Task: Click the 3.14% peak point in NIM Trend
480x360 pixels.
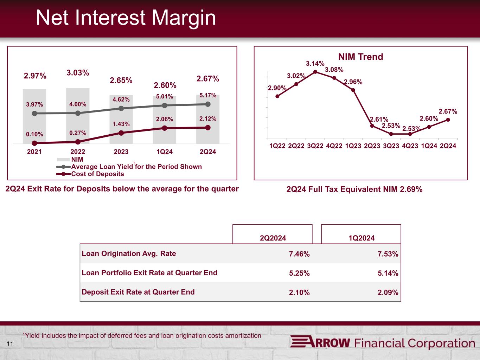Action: (315, 72)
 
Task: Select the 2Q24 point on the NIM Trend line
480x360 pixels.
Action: (448, 120)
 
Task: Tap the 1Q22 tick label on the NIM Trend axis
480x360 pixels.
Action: (277, 146)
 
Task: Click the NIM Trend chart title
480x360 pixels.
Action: (360, 57)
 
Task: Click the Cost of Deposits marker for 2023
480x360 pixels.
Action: (121, 133)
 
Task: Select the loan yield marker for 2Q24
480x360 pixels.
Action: (208, 104)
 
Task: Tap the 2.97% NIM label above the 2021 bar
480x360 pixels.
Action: (35, 76)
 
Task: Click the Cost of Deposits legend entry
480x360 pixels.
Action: (97, 174)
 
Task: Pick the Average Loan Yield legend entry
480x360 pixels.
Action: (136, 167)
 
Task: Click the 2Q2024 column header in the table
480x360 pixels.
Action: (273, 238)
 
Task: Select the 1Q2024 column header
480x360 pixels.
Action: (361, 238)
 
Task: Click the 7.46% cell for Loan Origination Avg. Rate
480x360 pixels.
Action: (299, 254)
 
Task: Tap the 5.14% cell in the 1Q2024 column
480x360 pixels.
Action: (388, 273)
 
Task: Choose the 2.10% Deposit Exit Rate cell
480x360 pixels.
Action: (299, 292)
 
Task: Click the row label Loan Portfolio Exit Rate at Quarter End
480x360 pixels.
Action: (149, 273)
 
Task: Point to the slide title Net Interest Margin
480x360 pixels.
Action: (126, 18)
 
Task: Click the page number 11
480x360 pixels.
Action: (10, 344)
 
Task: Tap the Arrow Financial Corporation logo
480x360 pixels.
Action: (382, 343)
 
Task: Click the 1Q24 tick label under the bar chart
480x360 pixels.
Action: (165, 152)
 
